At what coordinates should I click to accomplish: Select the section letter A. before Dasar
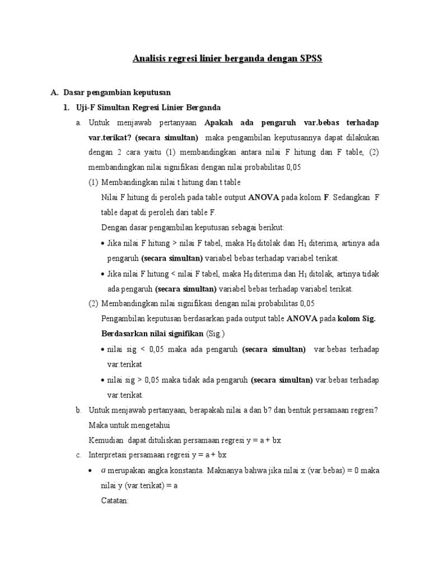click(x=54, y=92)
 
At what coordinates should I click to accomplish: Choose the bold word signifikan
click(x=185, y=334)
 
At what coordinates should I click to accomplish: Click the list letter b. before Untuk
click(x=79, y=410)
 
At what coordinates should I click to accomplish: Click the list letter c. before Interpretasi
click(x=78, y=455)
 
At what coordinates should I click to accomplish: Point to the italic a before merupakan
click(x=103, y=470)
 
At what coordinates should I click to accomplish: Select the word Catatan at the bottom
click(x=114, y=501)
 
